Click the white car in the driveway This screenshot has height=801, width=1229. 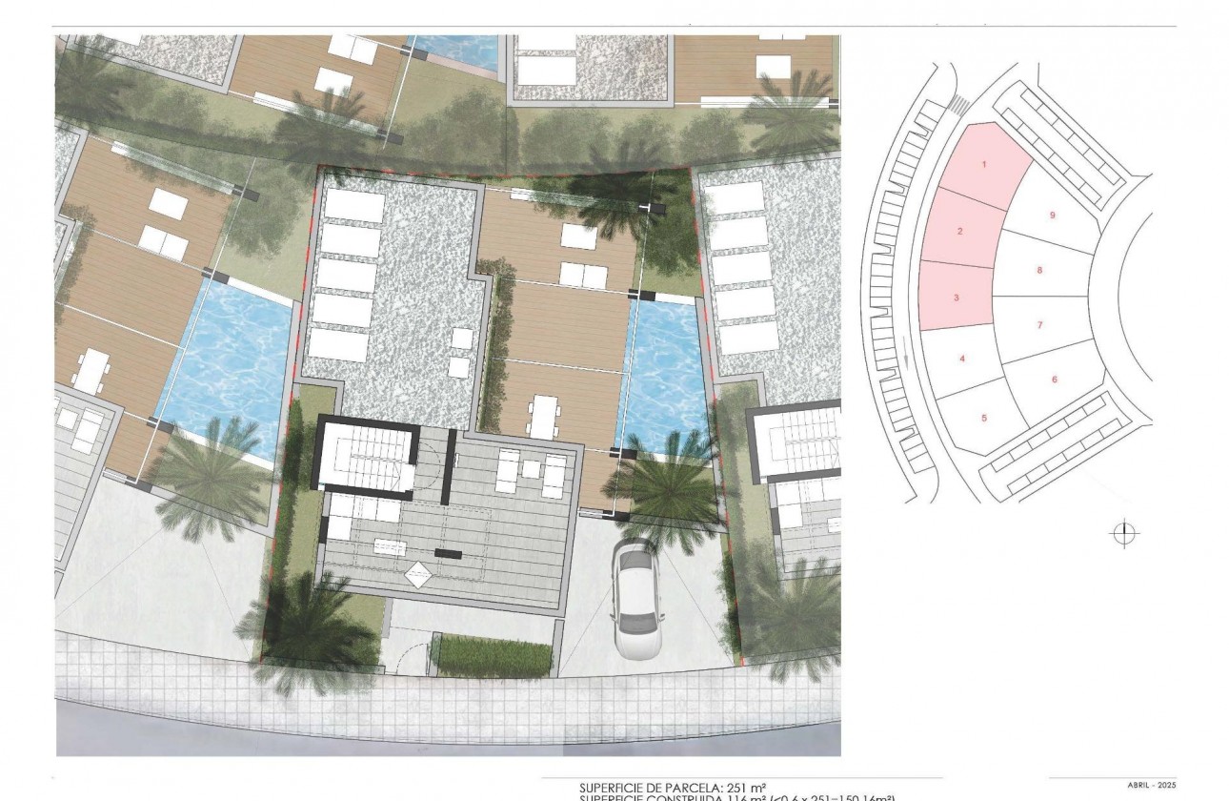tap(635, 599)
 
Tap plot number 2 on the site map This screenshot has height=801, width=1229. tap(960, 232)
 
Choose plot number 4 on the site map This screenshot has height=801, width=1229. tap(962, 359)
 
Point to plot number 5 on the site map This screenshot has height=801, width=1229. tap(983, 418)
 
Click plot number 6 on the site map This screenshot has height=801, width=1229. tap(1054, 379)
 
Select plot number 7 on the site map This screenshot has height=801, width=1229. tap(1039, 325)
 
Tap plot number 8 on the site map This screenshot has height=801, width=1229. tap(1039, 271)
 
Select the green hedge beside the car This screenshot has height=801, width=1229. tap(492, 657)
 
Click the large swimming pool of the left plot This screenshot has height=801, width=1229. tap(229, 362)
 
